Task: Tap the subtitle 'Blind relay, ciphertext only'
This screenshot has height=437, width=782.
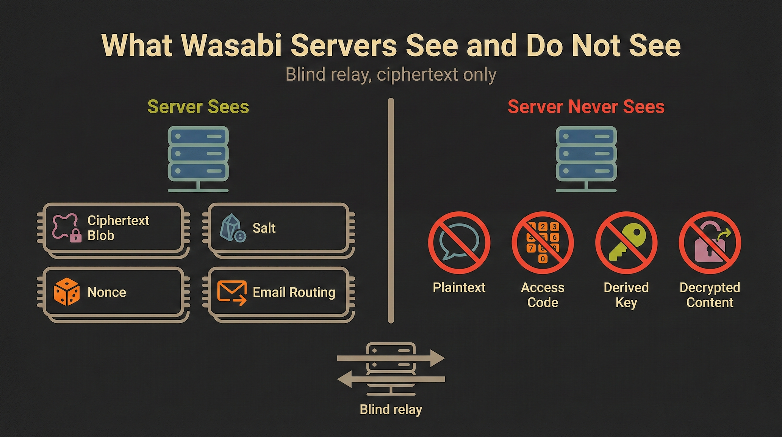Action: pyautogui.click(x=391, y=75)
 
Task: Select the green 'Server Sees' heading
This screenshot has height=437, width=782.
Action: pyautogui.click(x=198, y=107)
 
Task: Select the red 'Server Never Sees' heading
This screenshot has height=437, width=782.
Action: pyautogui.click(x=586, y=107)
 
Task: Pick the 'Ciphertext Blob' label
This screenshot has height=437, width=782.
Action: pyautogui.click(x=118, y=228)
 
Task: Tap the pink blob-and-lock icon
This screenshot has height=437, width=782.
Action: pyautogui.click(x=67, y=228)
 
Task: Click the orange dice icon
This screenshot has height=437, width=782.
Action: pyautogui.click(x=67, y=292)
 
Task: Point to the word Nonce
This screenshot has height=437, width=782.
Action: pyautogui.click(x=106, y=292)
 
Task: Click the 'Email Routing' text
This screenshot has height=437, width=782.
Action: pyautogui.click(x=294, y=292)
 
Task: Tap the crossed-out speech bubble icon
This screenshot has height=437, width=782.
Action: pyautogui.click(x=459, y=243)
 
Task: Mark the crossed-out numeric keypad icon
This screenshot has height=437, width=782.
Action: pyautogui.click(x=543, y=243)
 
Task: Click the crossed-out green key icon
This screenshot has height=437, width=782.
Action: pyautogui.click(x=626, y=243)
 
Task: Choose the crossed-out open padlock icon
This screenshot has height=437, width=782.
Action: pyautogui.click(x=710, y=243)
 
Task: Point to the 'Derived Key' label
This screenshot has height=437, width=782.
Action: pyautogui.click(x=626, y=295)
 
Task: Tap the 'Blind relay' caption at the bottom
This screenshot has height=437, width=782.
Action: pyautogui.click(x=391, y=410)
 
